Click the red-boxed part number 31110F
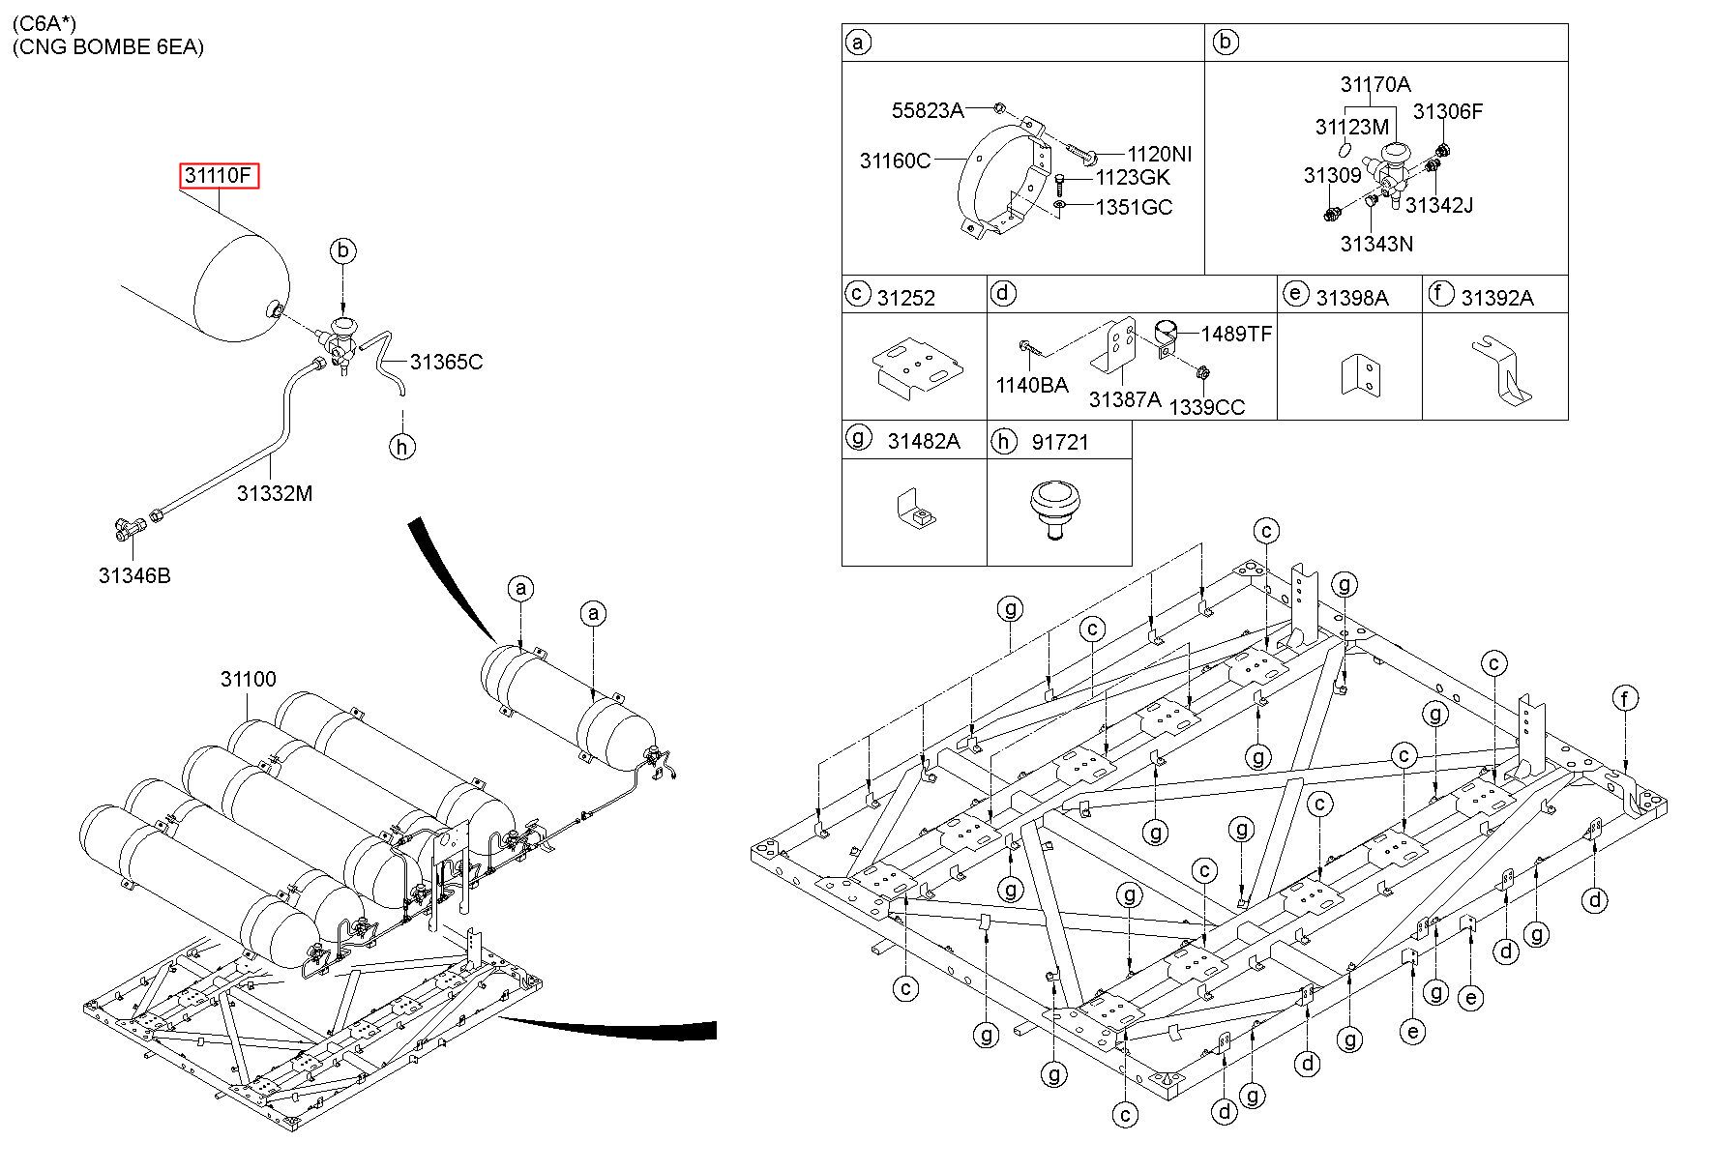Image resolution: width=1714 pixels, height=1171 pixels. [x=220, y=176]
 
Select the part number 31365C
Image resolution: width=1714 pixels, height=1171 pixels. [x=446, y=362]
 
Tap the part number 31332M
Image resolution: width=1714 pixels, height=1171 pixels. [x=275, y=493]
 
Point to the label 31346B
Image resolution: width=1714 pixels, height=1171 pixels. [x=134, y=575]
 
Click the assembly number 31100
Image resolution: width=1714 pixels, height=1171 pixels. [x=249, y=679]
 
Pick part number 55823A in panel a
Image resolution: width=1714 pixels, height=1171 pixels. [x=928, y=110]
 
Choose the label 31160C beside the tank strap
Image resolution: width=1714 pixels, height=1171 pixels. [x=896, y=161]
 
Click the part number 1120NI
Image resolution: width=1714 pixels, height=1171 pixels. [x=1160, y=154]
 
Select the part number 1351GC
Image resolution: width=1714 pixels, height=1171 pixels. [x=1134, y=207]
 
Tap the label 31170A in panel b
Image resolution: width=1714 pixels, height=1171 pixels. [x=1375, y=84]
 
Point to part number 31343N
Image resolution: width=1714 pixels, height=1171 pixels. [x=1376, y=244]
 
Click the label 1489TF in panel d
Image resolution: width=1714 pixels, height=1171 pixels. [x=1237, y=334]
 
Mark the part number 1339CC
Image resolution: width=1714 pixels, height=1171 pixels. [x=1207, y=407]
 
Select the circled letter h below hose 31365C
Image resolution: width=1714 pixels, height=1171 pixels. [x=402, y=446]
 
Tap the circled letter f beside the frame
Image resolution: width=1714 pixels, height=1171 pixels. [x=1626, y=697]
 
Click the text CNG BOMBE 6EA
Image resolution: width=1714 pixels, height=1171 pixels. [x=108, y=46]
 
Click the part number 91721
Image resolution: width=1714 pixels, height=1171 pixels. [x=1060, y=442]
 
